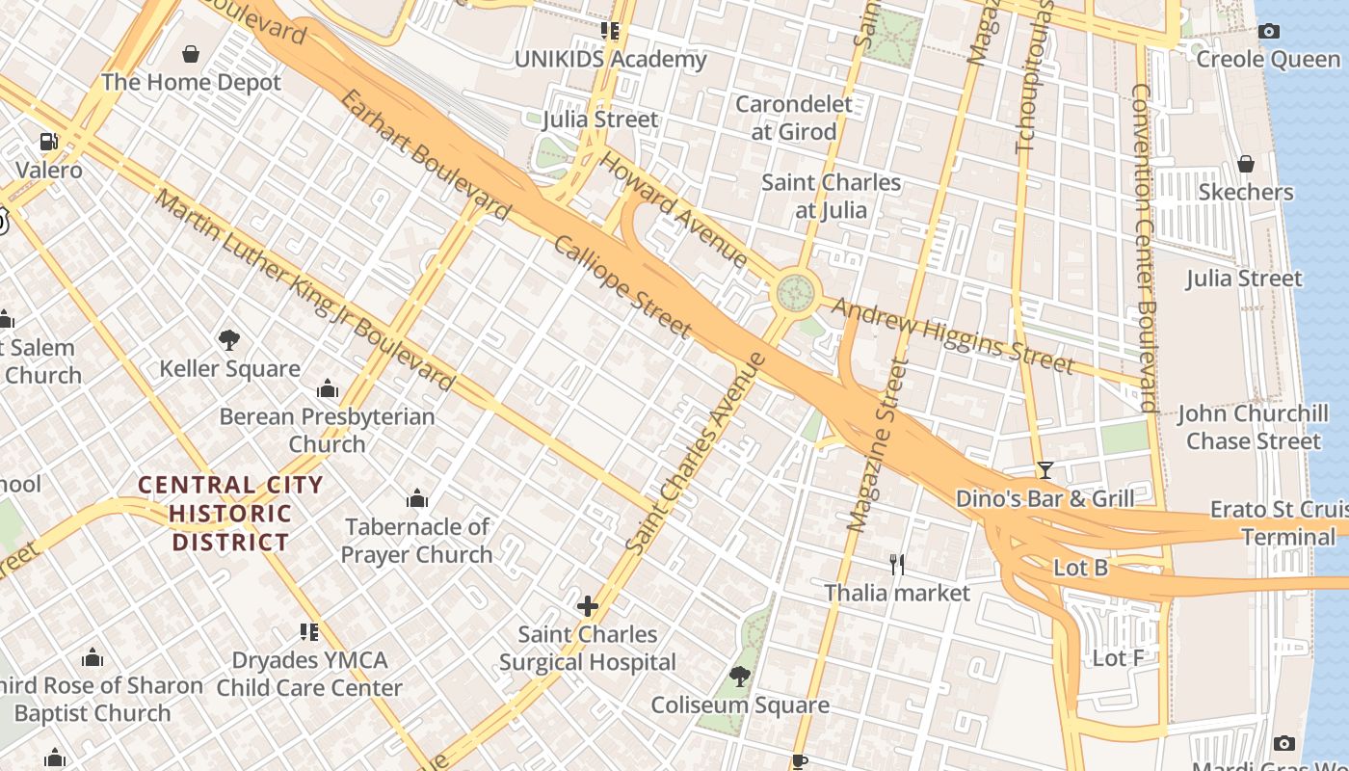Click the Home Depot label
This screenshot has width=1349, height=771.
(191, 82)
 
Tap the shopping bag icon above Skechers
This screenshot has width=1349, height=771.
(1245, 164)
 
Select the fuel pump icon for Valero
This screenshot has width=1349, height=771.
(49, 142)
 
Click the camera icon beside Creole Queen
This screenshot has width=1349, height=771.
(1269, 31)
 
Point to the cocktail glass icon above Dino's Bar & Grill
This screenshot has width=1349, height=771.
(1045, 470)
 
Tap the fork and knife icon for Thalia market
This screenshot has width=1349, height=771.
(897, 564)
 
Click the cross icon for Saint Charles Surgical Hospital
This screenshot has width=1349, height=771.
(587, 606)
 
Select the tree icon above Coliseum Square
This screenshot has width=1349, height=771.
(739, 677)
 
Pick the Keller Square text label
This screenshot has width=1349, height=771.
(229, 369)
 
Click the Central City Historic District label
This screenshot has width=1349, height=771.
(230, 514)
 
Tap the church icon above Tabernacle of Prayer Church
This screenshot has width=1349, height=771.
(416, 498)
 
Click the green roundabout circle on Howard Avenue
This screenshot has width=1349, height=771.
(795, 289)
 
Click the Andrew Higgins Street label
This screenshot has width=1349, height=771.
(952, 334)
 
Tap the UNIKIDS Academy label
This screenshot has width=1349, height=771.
(610, 60)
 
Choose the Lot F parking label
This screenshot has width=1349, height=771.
(1118, 658)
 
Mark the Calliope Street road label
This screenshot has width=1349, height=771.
(622, 286)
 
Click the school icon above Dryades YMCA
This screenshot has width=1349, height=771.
(308, 632)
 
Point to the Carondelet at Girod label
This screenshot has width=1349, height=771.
(793, 118)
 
